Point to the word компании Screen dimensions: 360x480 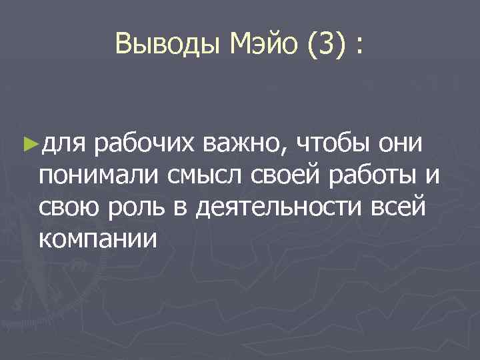(x=99, y=239)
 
